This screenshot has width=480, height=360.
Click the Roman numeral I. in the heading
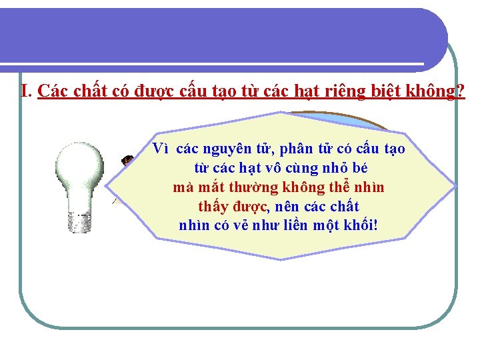pos(27,91)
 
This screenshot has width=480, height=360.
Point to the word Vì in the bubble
pos(160,148)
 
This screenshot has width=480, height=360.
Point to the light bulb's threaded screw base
pos(81,221)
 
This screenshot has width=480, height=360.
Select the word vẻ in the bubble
pos(245,225)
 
